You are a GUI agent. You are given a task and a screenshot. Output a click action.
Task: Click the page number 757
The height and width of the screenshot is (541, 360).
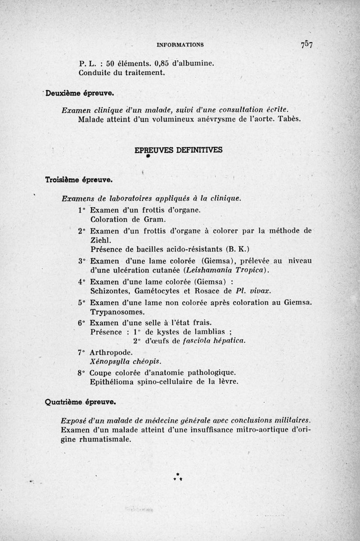(307, 45)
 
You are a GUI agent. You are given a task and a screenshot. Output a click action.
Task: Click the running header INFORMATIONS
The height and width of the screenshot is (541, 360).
(180, 45)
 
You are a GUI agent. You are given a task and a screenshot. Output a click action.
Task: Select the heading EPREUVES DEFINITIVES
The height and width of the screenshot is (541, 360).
(179, 150)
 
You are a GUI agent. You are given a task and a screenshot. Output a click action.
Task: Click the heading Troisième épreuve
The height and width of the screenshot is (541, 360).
(79, 179)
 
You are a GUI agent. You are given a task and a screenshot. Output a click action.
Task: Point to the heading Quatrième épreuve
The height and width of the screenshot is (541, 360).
(81, 400)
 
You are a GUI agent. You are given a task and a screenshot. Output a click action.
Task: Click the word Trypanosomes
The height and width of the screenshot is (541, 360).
(117, 312)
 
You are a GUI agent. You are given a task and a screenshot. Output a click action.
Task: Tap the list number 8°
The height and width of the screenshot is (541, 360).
(81, 373)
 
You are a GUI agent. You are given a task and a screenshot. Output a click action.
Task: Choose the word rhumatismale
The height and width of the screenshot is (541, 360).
(95, 440)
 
